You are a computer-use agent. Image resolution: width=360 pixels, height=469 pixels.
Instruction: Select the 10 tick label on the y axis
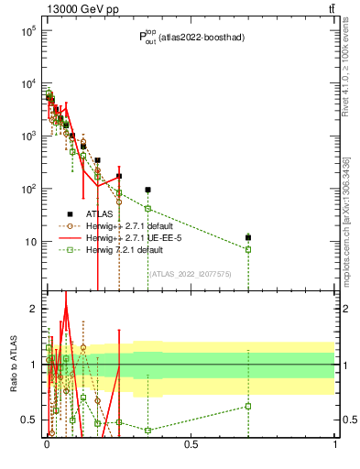(31, 242)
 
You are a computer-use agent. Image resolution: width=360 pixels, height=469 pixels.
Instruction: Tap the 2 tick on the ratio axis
(32, 309)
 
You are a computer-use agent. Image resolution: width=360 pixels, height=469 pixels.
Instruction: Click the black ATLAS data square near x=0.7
(248, 237)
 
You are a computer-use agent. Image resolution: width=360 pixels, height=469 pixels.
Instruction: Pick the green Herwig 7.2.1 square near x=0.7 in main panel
(248, 249)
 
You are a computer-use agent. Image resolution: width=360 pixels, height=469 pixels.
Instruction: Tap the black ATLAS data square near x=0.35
(147, 190)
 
